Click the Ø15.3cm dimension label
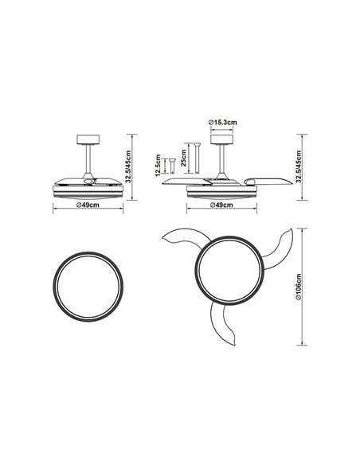[221, 122]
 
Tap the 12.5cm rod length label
[159, 166]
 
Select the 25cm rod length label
[183, 162]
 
